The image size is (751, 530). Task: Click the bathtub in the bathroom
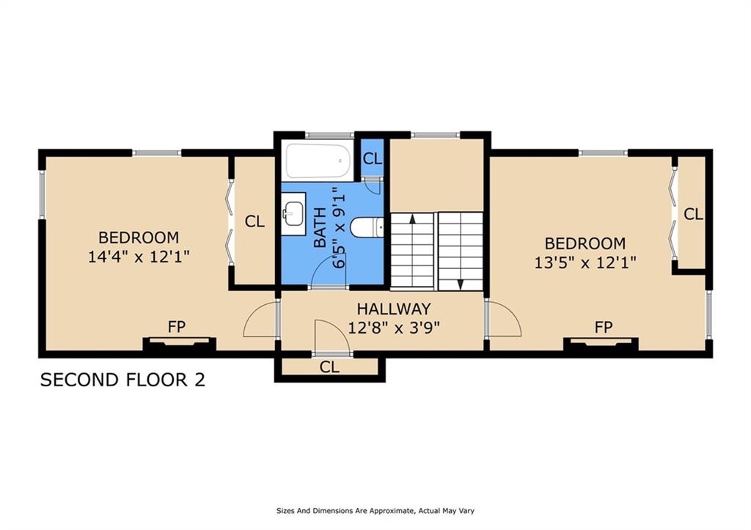point(318,160)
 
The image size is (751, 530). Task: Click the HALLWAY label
point(394,309)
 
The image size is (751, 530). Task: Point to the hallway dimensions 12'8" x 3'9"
point(394,328)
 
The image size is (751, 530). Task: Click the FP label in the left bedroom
point(177,327)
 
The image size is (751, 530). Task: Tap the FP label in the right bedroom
point(604,328)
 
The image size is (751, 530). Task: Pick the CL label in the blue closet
point(372,158)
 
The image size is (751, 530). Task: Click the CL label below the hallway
point(329,367)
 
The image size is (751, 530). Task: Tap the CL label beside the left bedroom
point(254,221)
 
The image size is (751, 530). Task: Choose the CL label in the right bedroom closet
point(693,214)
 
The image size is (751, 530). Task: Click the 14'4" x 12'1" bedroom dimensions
point(139,257)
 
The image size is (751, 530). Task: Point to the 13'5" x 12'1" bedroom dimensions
point(585,263)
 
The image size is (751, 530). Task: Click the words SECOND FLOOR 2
point(122,380)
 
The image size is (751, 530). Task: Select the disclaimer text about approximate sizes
point(375,511)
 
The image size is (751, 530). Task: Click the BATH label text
point(320,227)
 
